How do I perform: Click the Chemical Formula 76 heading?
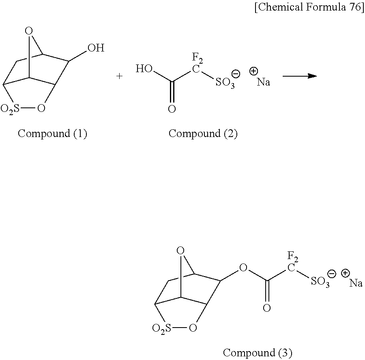tap(309, 9)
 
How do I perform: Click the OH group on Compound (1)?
tap(96, 49)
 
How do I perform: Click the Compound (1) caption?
tap(52, 133)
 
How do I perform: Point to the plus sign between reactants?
tap(120, 76)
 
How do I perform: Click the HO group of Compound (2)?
tap(144, 69)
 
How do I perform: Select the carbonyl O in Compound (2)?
tap(172, 109)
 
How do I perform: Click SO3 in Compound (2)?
tap(225, 84)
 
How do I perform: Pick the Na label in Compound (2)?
tap(263, 82)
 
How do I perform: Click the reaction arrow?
tap(299, 76)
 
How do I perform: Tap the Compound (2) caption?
tap(203, 133)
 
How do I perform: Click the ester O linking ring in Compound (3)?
tap(243, 268)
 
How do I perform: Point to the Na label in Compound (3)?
tap(356, 283)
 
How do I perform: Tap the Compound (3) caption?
tap(258, 352)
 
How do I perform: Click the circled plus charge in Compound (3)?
tap(346, 273)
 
